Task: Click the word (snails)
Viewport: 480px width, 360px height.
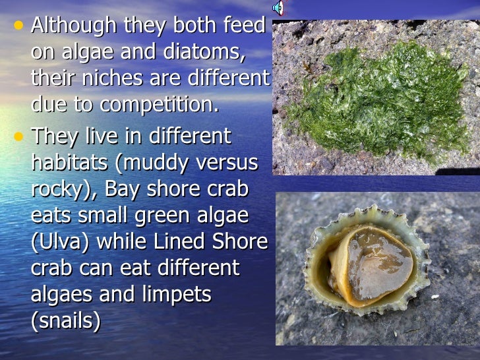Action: pyautogui.click(x=66, y=321)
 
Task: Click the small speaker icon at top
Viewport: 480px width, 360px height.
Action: pyautogui.click(x=278, y=8)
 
